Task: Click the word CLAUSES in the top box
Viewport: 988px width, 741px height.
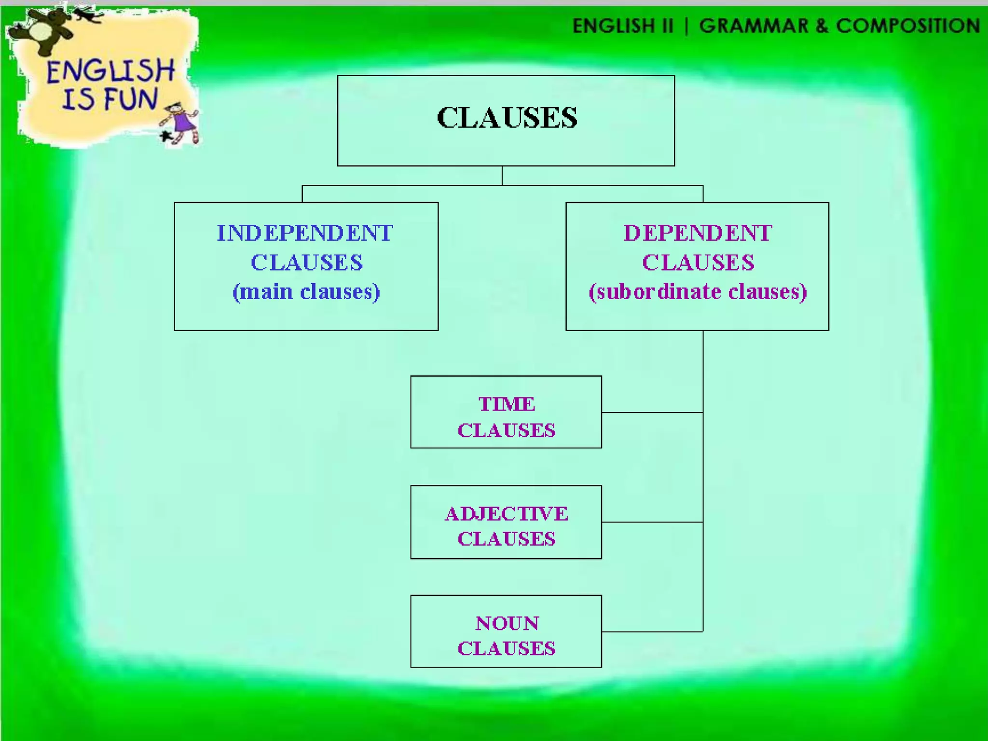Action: pyautogui.click(x=507, y=118)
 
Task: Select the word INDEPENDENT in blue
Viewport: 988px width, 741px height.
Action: pyautogui.click(x=305, y=233)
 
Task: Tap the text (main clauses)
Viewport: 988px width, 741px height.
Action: pyautogui.click(x=306, y=292)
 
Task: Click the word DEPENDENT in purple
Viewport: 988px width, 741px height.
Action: pyautogui.click(x=698, y=233)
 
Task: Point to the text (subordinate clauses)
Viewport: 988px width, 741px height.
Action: pyautogui.click(x=698, y=292)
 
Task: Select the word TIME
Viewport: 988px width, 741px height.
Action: pyautogui.click(x=507, y=404)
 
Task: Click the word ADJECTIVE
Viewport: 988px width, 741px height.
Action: pyautogui.click(x=507, y=514)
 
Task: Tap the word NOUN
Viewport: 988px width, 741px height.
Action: pyautogui.click(x=507, y=623)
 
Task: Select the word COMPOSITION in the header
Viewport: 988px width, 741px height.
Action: pyautogui.click(x=908, y=26)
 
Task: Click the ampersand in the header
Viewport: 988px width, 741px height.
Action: pyautogui.click(x=822, y=26)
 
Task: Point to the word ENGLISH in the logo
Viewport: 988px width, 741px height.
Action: pyautogui.click(x=110, y=71)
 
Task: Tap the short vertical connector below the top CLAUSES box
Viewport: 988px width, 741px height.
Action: pyautogui.click(x=502, y=176)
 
